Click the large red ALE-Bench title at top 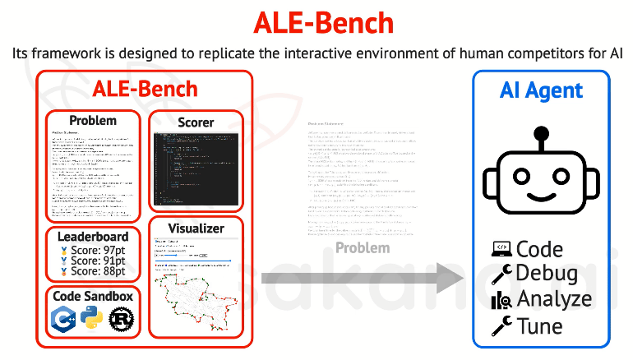tap(316, 21)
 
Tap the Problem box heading tap(93, 121)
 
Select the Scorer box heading tap(196, 122)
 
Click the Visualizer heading tap(196, 228)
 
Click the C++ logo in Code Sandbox tap(63, 319)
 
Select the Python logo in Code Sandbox tap(91, 319)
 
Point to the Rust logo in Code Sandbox tap(121, 319)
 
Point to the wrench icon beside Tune tap(501, 326)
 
